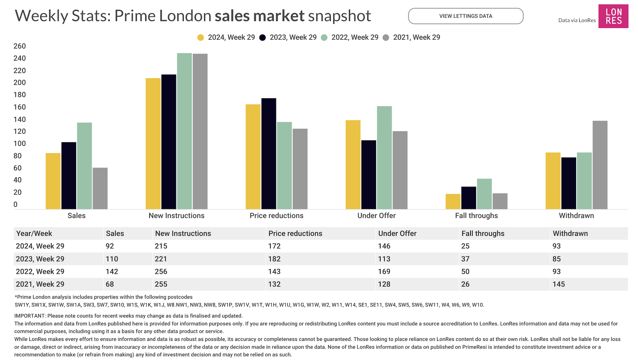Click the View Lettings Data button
465,16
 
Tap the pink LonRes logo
613,16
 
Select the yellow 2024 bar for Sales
53,181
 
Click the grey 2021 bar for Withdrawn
600,165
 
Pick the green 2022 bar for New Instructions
184,131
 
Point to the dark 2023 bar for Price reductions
269,154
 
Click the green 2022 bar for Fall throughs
484,194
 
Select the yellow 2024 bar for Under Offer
353,165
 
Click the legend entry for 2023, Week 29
288,37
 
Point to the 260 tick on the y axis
19,46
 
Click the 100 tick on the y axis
19,143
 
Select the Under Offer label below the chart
376,216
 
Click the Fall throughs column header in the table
483,233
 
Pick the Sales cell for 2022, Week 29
112,271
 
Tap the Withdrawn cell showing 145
559,284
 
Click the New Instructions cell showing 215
161,246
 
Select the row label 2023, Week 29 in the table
40,259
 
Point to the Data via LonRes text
577,20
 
